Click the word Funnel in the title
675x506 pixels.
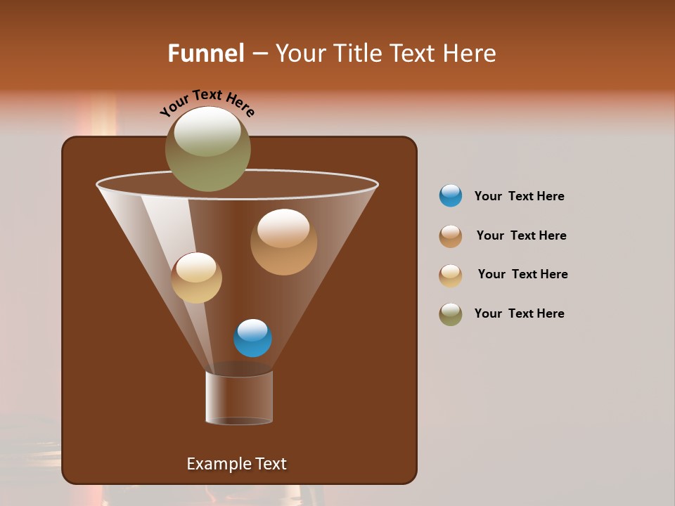(x=205, y=53)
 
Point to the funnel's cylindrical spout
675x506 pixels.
(x=239, y=398)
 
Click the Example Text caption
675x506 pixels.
(x=236, y=464)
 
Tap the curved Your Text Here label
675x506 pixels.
(x=207, y=101)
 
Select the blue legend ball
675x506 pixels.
(x=451, y=196)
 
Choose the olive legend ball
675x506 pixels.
(x=451, y=314)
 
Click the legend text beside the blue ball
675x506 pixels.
(x=519, y=196)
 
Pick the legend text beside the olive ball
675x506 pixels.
(x=519, y=313)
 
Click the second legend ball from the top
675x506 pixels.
(x=451, y=236)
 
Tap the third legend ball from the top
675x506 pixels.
(x=451, y=275)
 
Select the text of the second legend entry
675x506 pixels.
(x=521, y=235)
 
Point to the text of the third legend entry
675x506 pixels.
(x=522, y=274)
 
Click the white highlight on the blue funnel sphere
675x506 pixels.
(x=252, y=329)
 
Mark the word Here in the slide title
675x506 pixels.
(x=471, y=53)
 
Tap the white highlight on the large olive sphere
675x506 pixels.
(x=207, y=131)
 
